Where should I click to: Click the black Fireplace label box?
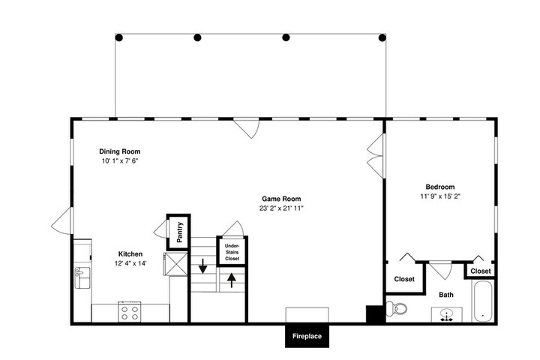pyautogui.click(x=307, y=336)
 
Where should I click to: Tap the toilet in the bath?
pyautogui.click(x=397, y=307)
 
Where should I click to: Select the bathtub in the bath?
pyautogui.click(x=483, y=301)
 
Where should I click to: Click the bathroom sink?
pyautogui.click(x=447, y=315)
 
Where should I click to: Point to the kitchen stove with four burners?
pyautogui.click(x=130, y=312)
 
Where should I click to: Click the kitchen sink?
pyautogui.click(x=82, y=277)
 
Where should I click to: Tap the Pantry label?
pyautogui.click(x=179, y=232)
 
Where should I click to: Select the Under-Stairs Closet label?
pyautogui.click(x=232, y=252)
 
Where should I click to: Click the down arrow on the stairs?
pyautogui.click(x=203, y=265)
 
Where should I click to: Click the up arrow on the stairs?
pyautogui.click(x=232, y=280)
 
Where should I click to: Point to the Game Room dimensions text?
pyautogui.click(x=281, y=208)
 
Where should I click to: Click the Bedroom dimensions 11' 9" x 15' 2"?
pyautogui.click(x=440, y=196)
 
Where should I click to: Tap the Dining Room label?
pyautogui.click(x=120, y=151)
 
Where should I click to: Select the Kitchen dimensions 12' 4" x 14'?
pyautogui.click(x=130, y=263)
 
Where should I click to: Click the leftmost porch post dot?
pyautogui.click(x=118, y=37)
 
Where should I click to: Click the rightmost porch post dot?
pyautogui.click(x=382, y=37)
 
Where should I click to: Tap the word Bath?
pyautogui.click(x=446, y=295)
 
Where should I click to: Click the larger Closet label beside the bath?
pyautogui.click(x=404, y=279)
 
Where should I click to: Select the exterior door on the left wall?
pyautogui.click(x=63, y=220)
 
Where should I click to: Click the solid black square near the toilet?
pyautogui.click(x=375, y=314)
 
